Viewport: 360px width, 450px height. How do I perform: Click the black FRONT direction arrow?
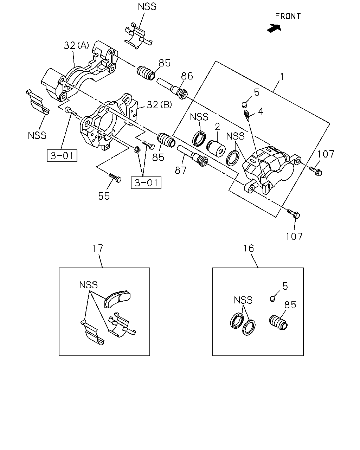pyautogui.click(x=274, y=28)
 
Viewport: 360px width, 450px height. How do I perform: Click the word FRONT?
pyautogui.click(x=288, y=16)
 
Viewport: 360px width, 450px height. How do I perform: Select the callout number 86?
pyautogui.click(x=187, y=76)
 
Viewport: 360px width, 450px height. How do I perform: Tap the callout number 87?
pyautogui.click(x=180, y=171)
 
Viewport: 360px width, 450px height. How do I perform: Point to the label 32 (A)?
pyautogui.click(x=76, y=45)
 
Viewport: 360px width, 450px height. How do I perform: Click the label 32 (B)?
pyautogui.click(x=159, y=105)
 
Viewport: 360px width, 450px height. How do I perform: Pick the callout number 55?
pyautogui.click(x=104, y=196)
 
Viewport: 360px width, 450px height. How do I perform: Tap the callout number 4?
pyautogui.click(x=261, y=111)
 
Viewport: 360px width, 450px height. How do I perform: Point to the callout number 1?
pyautogui.click(x=282, y=77)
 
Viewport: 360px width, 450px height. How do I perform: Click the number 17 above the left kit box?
pyautogui.click(x=98, y=248)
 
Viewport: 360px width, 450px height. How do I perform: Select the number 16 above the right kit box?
pyautogui.click(x=249, y=249)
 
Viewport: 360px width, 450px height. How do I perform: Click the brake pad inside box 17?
pyautogui.click(x=117, y=299)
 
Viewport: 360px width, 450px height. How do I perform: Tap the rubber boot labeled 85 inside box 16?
pyautogui.click(x=278, y=322)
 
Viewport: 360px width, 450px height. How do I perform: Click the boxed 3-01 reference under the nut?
pyautogui.click(x=146, y=183)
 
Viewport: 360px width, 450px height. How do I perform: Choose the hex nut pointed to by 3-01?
pyautogui.click(x=137, y=150)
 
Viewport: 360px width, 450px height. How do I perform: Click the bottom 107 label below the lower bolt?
pyautogui.click(x=294, y=237)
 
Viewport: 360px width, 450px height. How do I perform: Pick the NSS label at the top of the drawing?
pyautogui.click(x=147, y=7)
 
